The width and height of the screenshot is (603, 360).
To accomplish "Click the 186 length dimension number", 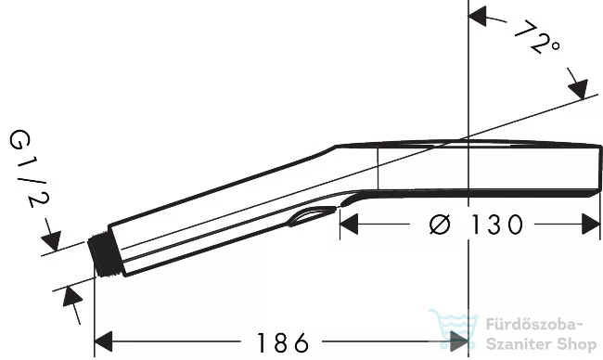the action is [283, 342].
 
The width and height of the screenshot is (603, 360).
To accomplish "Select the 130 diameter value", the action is [497, 225].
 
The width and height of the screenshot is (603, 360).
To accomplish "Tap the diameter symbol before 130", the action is [439, 225].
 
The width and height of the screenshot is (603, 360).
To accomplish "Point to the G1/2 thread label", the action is [30, 169].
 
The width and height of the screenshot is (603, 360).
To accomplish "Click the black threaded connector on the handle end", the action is [105, 254].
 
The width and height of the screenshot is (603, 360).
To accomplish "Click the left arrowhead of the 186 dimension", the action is [103, 341].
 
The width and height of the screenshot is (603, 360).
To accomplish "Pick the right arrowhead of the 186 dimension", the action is [459, 341].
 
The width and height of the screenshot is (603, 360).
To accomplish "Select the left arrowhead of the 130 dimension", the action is [349, 225].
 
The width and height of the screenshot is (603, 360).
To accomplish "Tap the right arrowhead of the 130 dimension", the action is [591, 225].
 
